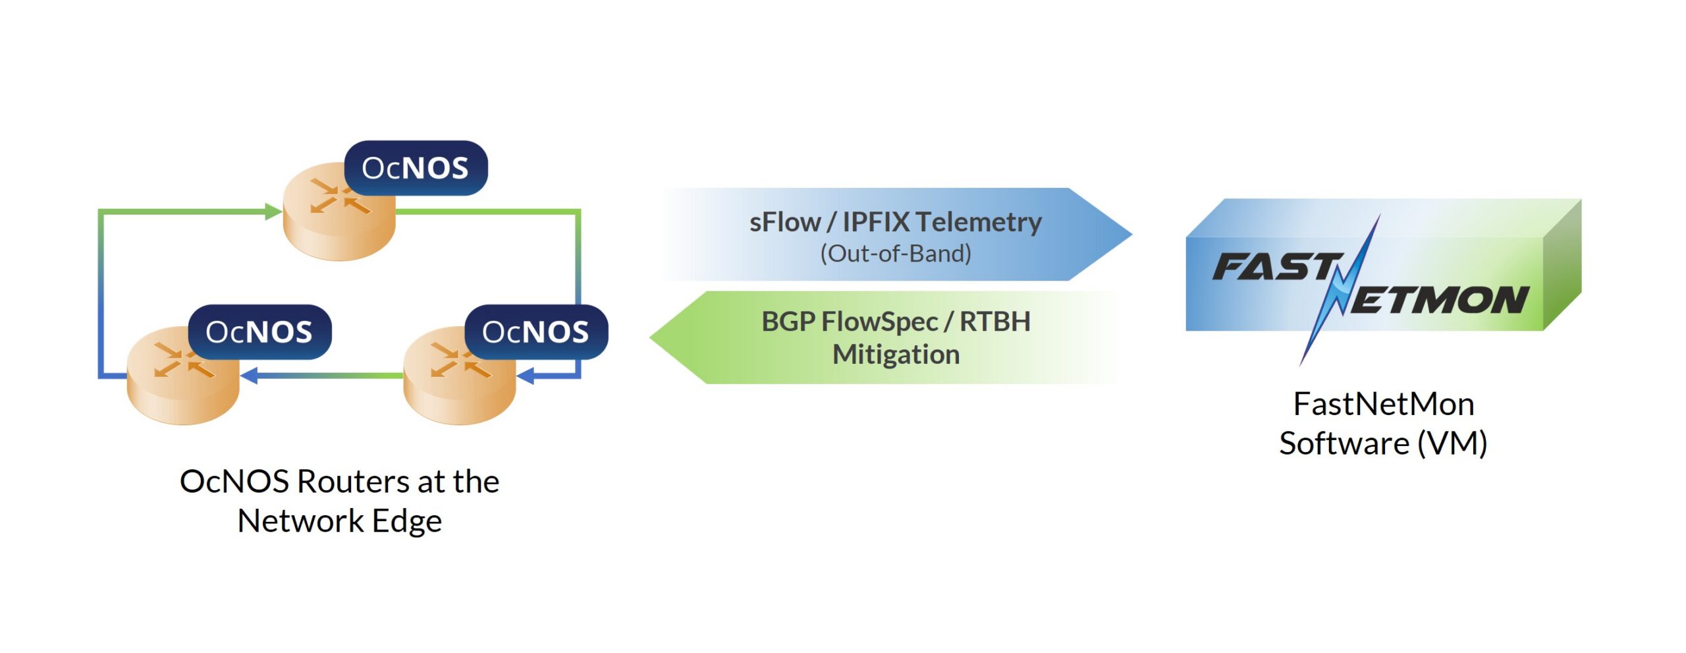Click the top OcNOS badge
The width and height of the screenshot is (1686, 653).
point(415,168)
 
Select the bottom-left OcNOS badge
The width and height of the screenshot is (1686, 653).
point(259,332)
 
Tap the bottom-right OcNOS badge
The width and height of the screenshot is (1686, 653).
point(535,332)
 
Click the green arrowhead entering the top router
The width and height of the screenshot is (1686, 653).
point(273,212)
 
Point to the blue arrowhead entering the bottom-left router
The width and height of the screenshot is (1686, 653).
point(249,376)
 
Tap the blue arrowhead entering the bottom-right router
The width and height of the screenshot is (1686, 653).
point(526,376)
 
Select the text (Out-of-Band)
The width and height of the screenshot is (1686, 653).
point(896,254)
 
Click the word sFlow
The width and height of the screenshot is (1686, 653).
point(784,222)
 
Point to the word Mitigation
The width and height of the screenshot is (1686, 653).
point(896,355)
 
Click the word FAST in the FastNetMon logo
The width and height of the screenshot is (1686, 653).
point(1274,267)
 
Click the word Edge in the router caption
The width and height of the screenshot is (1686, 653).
point(406,521)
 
